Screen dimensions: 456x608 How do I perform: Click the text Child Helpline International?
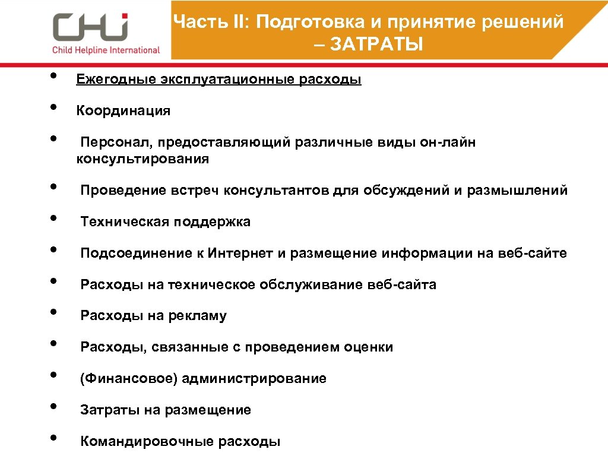pyautogui.click(x=106, y=50)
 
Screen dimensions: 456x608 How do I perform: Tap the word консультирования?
pyautogui.click(x=142, y=159)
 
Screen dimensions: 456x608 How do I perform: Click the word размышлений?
pyautogui.click(x=517, y=191)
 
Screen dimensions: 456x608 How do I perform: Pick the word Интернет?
pyautogui.click(x=240, y=254)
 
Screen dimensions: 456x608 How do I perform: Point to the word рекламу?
pyautogui.click(x=197, y=316)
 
